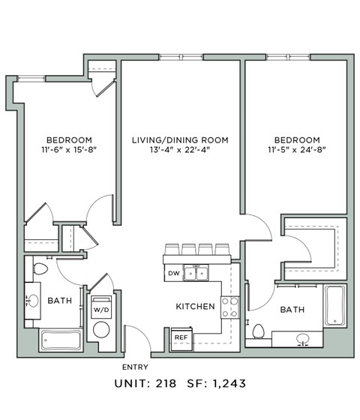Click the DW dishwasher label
coord(173,273)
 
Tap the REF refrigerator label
coord(180,338)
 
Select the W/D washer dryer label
coord(100,309)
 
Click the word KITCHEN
coord(196,307)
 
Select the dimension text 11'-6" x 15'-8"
coord(69,150)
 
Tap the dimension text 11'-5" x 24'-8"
coord(296,150)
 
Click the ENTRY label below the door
coord(135,367)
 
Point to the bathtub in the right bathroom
coord(334,307)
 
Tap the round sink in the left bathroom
coord(33,301)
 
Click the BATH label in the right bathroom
coord(291,309)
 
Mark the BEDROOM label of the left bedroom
coord(69,140)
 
